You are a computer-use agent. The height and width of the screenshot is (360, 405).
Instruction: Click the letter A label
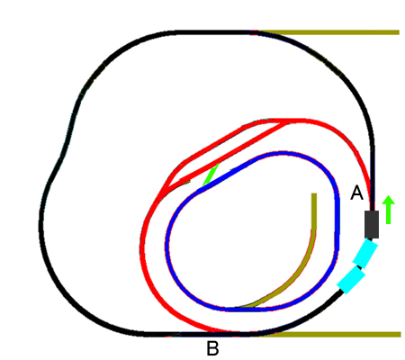tap(356, 193)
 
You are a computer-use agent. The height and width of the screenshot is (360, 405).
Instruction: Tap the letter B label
tap(212, 348)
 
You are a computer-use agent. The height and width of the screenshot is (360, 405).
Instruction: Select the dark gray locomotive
tap(372, 224)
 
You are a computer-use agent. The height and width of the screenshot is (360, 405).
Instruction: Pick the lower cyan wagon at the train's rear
tap(351, 280)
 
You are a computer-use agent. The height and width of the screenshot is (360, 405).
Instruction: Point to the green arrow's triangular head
tap(388, 200)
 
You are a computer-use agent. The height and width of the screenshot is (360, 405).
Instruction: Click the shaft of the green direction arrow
tap(388, 214)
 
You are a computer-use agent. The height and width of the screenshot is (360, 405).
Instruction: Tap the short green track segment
tap(211, 175)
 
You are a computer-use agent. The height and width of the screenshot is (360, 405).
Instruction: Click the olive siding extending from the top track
tap(328, 32)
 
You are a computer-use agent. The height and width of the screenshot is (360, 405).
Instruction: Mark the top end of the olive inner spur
tap(314, 194)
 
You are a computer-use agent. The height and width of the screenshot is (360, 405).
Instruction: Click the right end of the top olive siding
tap(399, 32)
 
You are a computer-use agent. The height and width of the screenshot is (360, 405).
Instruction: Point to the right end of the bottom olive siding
tap(400, 334)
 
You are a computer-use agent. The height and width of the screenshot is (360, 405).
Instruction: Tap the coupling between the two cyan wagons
tap(358, 266)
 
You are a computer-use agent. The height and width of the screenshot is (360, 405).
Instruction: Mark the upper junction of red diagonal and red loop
tap(286, 121)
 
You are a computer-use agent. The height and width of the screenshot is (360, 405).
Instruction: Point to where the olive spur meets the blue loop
tap(240, 308)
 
